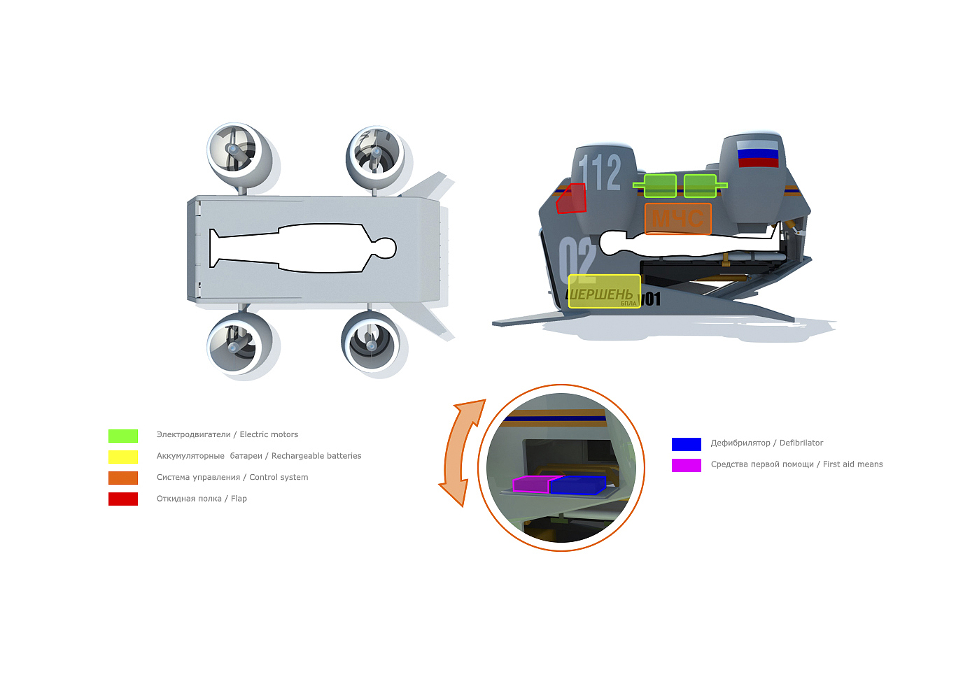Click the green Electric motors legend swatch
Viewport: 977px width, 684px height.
pos(123,436)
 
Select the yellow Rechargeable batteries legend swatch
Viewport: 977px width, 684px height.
pos(123,457)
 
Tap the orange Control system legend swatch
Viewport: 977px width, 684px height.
pos(123,478)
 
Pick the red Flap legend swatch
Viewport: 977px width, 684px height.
pos(123,499)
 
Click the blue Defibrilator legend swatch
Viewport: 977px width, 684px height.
pos(686,444)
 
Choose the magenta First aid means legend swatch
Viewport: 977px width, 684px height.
pos(686,465)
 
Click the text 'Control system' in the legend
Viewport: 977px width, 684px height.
pos(279,478)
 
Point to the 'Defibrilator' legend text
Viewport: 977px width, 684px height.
pos(801,443)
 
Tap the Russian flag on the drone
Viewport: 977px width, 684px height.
pos(757,154)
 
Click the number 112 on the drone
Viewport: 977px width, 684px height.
pos(600,172)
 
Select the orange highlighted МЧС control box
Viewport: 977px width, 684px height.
pos(677,219)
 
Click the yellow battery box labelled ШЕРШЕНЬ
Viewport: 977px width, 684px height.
pos(603,292)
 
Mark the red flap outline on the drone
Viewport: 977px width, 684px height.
pos(571,199)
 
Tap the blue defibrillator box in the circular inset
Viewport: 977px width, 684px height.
pos(577,485)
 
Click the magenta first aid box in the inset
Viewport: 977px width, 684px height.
pos(530,484)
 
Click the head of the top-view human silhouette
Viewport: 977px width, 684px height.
pos(383,248)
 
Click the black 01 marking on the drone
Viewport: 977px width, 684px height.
pos(652,299)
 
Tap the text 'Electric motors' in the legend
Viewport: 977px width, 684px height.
pos(269,435)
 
